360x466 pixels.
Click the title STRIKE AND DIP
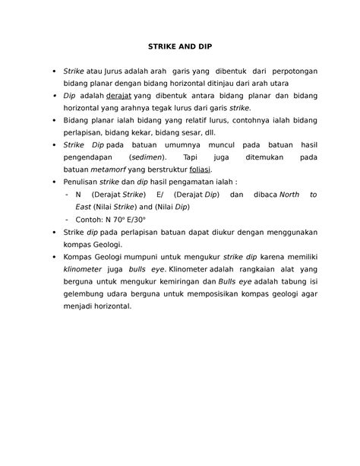180,46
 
